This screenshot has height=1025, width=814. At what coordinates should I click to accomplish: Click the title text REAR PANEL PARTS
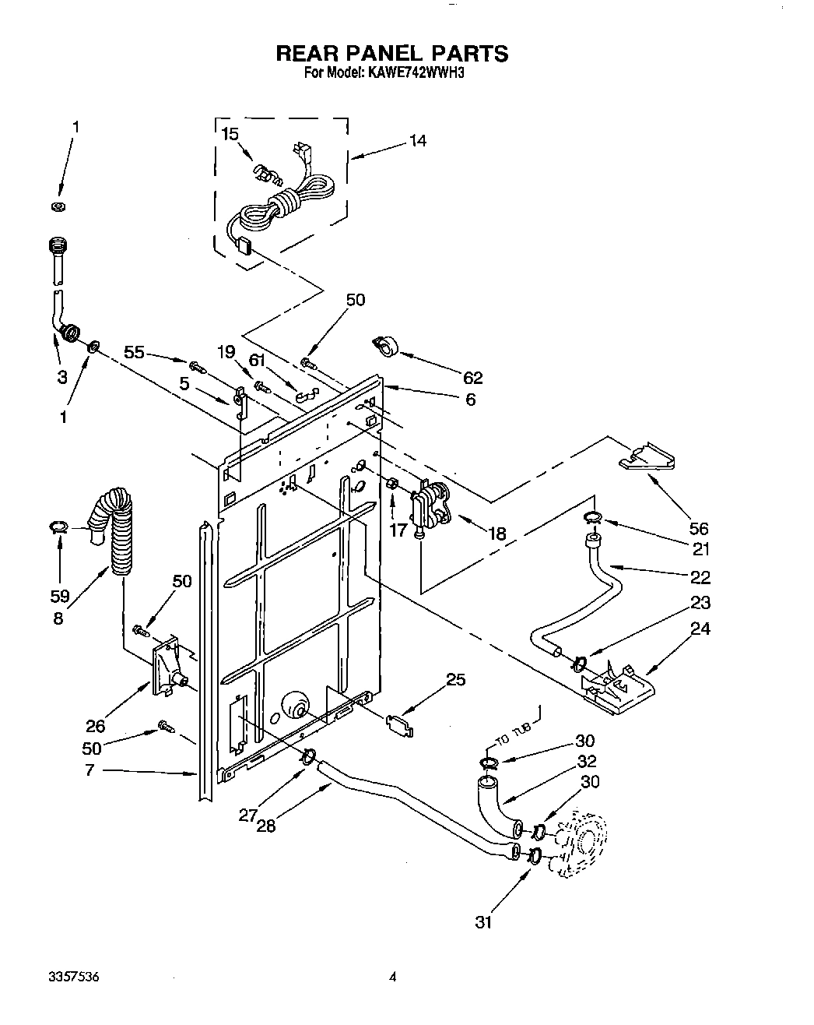point(392,53)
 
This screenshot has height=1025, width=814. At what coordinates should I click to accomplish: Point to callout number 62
point(472,379)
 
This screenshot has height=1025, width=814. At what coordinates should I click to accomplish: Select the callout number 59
point(59,597)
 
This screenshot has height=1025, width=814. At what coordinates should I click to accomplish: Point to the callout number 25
point(455,680)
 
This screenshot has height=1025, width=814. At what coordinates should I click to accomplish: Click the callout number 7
point(89,771)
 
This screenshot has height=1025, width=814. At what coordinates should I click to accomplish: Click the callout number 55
point(135,353)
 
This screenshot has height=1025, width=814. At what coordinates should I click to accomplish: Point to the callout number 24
point(700,628)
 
